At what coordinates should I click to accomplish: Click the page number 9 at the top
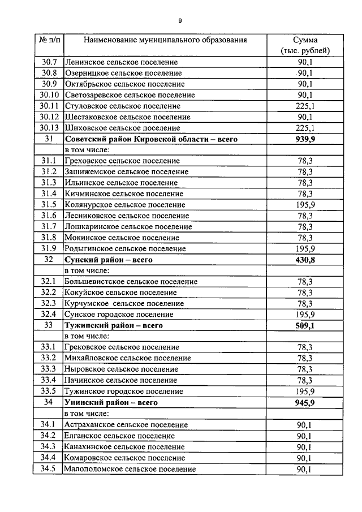(x=180, y=21)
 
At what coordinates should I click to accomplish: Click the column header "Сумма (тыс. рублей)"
(x=305, y=45)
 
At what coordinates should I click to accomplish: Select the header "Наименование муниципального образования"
(x=166, y=40)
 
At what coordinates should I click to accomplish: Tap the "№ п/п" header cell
(x=49, y=40)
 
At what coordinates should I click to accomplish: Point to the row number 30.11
(x=49, y=106)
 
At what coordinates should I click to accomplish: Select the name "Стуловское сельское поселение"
(x=123, y=106)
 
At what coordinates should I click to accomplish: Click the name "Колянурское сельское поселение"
(x=125, y=205)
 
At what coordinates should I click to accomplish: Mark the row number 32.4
(x=48, y=315)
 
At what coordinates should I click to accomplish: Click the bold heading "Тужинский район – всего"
(x=114, y=325)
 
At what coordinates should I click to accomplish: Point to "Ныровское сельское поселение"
(x=121, y=369)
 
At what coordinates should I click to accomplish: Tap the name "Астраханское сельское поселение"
(x=126, y=424)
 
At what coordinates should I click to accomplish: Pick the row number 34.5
(x=48, y=469)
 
